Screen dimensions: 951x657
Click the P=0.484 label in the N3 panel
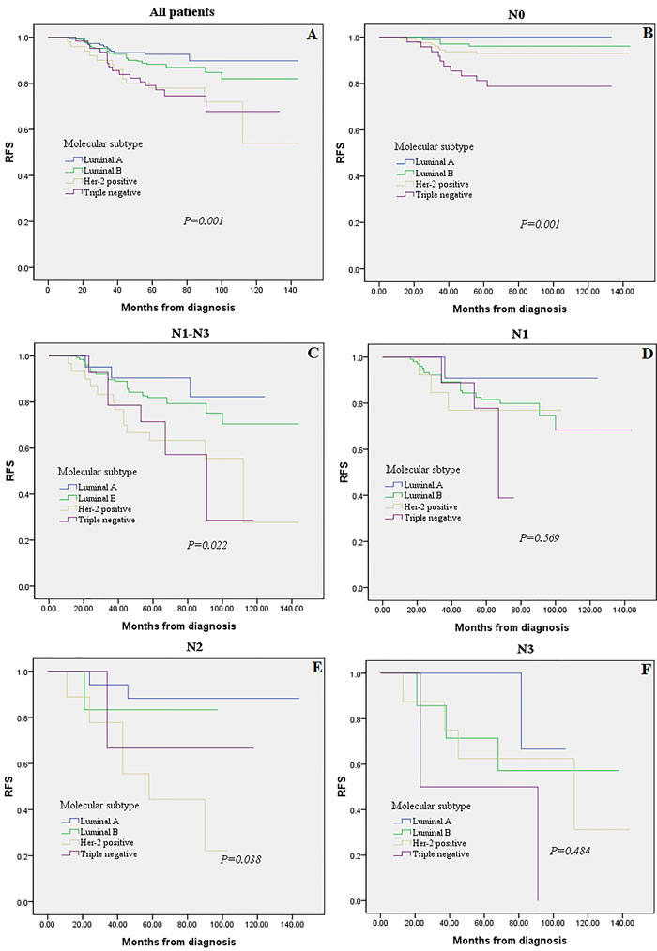tap(568, 850)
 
